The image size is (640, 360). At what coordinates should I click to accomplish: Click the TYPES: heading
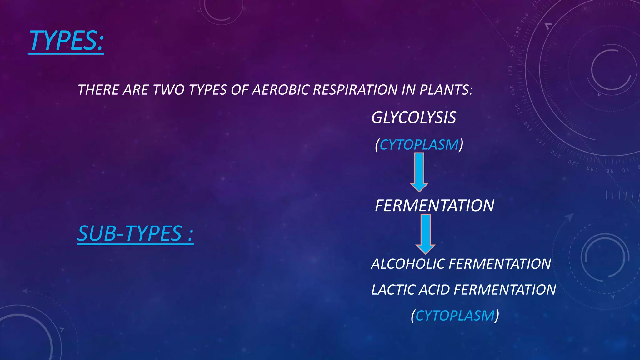pos(66,41)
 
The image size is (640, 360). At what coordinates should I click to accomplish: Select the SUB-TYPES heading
pos(135,233)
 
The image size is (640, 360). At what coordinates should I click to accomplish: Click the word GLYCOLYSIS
pos(413,118)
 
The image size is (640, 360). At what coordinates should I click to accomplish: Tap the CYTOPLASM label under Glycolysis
pos(419,145)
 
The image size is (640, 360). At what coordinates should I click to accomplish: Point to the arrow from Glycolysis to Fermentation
pos(419,172)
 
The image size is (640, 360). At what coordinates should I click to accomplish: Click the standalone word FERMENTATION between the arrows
pos(434,206)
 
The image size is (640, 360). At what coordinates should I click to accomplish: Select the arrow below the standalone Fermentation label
pos(425,234)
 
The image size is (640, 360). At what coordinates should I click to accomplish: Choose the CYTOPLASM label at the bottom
pos(455,316)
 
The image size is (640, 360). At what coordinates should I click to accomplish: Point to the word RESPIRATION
pos(355,90)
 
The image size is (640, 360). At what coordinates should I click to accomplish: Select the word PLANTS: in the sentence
pos(446,90)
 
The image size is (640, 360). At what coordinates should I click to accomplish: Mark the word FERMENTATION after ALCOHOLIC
pos(500,264)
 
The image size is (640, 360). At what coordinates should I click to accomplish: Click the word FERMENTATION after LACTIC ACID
pos(505,290)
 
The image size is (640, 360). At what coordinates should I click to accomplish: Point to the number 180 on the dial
pos(512,51)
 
